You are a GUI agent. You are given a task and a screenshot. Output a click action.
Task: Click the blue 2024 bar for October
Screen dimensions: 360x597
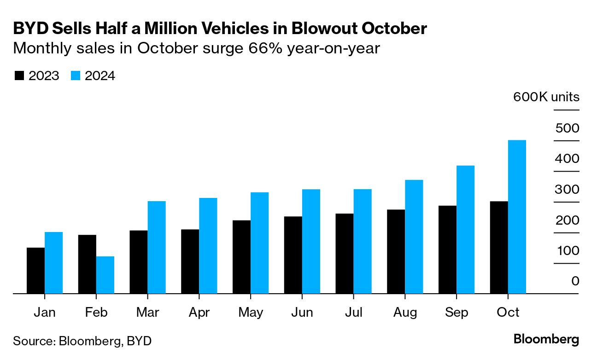(x=517, y=216)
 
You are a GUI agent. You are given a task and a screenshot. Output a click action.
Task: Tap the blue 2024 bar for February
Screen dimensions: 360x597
(x=105, y=275)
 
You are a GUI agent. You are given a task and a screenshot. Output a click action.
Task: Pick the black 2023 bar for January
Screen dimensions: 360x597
(x=36, y=270)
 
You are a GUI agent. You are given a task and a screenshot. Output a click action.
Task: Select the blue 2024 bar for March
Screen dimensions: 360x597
(x=157, y=247)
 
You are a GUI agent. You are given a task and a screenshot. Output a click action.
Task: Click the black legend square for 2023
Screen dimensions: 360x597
(x=19, y=76)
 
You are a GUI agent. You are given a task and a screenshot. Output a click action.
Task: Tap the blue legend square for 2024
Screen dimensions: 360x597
(x=76, y=76)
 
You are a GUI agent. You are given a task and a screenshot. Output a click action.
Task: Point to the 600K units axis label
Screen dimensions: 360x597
(x=546, y=97)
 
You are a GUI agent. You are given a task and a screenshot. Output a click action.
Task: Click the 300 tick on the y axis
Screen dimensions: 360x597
(x=567, y=189)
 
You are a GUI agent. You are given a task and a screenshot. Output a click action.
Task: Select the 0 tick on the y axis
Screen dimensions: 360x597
(x=574, y=281)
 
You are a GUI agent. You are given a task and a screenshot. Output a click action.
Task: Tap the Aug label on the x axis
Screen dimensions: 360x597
(x=405, y=313)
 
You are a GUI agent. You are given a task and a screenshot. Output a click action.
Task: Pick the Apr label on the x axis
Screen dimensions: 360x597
(x=199, y=313)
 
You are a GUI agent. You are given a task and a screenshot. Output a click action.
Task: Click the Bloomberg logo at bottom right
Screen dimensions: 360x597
(x=546, y=340)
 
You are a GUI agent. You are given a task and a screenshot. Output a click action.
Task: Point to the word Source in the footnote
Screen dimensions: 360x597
(x=32, y=341)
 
